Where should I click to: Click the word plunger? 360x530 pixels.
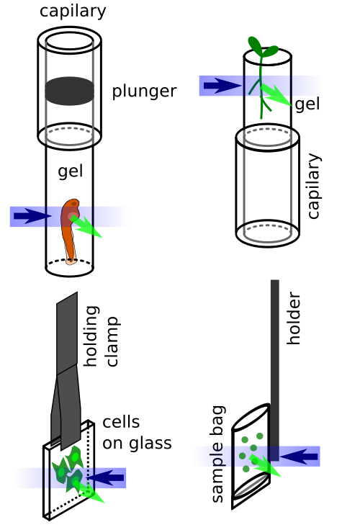(144, 91)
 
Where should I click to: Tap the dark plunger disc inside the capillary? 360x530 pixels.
(70, 91)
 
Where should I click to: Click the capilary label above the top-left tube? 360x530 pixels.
(73, 11)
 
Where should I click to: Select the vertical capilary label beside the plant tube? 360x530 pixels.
(313, 186)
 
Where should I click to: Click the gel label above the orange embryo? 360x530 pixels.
(71, 171)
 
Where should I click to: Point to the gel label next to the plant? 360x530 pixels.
(307, 104)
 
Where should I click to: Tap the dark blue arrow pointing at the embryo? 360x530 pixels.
(32, 216)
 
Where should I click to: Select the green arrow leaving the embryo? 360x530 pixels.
(86, 226)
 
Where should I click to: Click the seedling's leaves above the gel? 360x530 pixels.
(262, 48)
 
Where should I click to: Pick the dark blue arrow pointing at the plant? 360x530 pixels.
(222, 86)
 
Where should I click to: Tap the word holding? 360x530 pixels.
(91, 336)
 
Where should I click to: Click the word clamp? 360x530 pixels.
(112, 342)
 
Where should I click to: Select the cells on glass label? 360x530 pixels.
(137, 433)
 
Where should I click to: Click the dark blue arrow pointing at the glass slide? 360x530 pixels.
(105, 478)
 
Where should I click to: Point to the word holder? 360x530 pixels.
(294, 318)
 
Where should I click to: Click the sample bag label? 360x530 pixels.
(217, 454)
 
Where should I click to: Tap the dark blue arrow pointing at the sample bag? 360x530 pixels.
(299, 457)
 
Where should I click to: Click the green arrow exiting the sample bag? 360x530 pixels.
(265, 465)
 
